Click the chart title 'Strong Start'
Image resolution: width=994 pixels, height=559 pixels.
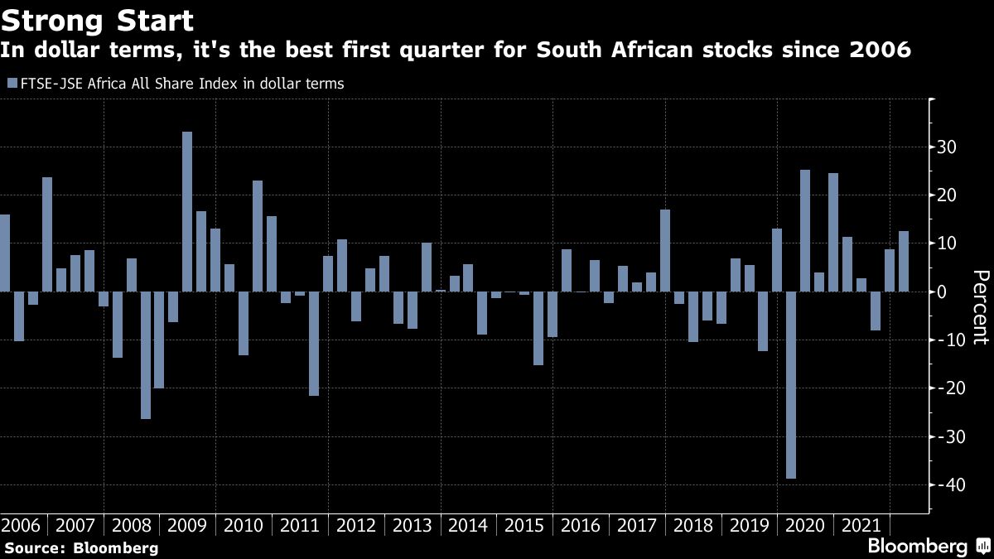click(x=97, y=20)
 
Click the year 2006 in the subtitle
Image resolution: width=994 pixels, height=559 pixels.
click(x=881, y=51)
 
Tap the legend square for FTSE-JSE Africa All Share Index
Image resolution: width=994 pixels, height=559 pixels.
click(x=11, y=84)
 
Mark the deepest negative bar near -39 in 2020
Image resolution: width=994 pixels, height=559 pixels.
click(x=791, y=385)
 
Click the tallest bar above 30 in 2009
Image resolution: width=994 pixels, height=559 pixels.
click(x=187, y=211)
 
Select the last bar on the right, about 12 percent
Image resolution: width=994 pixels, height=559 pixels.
click(x=904, y=261)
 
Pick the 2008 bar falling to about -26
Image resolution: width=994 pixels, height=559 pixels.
click(x=145, y=355)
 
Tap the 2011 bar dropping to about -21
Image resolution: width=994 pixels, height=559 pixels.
click(x=314, y=344)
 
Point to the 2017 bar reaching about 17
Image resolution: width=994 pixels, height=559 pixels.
click(x=665, y=250)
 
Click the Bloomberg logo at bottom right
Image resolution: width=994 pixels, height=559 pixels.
click(x=917, y=547)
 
